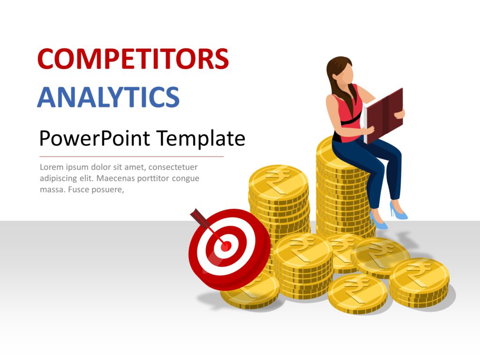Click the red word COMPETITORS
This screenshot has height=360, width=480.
(133, 59)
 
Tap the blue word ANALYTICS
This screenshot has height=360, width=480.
(108, 97)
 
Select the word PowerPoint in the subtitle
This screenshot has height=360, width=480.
(95, 138)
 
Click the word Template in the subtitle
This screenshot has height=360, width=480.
(201, 138)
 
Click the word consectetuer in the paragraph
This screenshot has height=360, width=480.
(173, 167)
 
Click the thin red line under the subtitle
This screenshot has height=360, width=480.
(132, 157)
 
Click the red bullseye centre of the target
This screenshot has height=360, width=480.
(226, 246)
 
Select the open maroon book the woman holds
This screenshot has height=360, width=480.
(384, 115)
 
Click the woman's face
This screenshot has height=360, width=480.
(347, 75)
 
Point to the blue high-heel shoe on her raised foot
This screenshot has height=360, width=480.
(398, 210)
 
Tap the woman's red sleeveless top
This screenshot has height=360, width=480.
(347, 117)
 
